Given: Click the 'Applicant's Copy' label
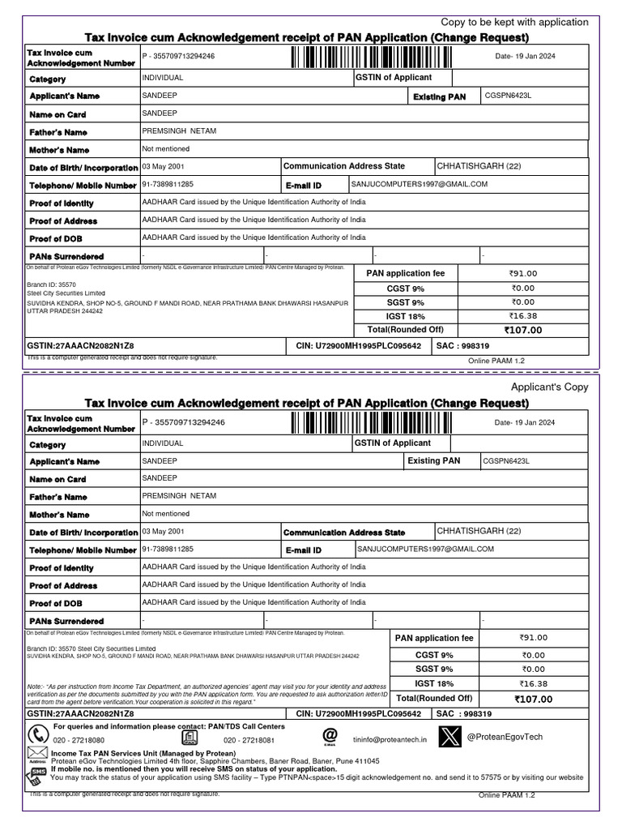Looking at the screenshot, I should [x=550, y=387].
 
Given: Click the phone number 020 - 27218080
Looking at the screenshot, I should [x=79, y=741].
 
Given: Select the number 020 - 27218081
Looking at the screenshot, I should [x=249, y=741].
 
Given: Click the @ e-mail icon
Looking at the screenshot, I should [x=330, y=734].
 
